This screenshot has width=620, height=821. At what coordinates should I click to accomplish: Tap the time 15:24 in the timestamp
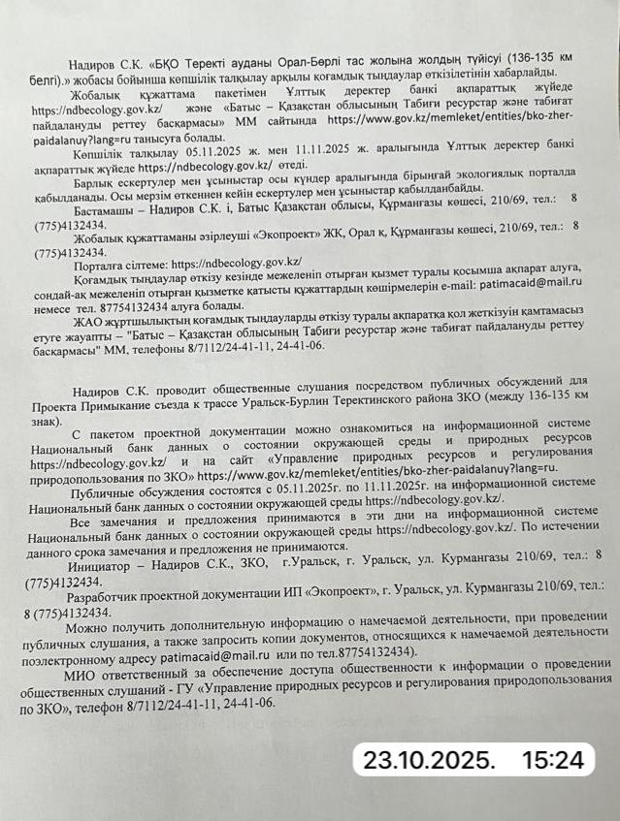pyautogui.click(x=555, y=758)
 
